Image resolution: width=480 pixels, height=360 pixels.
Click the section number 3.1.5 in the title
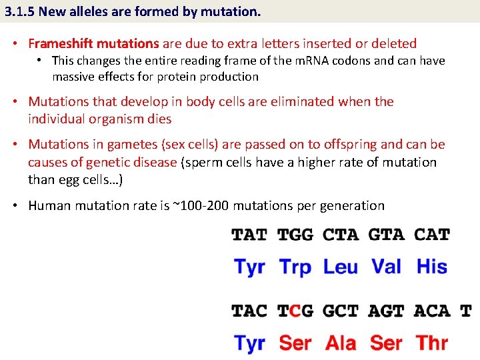(x=19, y=11)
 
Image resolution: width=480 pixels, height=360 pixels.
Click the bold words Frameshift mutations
(x=93, y=44)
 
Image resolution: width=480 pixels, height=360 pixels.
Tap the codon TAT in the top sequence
(x=249, y=235)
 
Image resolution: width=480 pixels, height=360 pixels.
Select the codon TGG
(x=295, y=235)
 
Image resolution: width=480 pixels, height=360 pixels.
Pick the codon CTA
(x=340, y=235)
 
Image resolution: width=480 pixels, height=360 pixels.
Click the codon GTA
(x=387, y=235)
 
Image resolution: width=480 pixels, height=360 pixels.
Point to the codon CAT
(x=432, y=235)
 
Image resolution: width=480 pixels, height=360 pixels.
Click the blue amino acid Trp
(x=295, y=267)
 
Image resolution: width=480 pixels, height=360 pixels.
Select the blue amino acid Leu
(x=340, y=267)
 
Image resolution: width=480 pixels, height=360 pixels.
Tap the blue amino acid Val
(x=387, y=267)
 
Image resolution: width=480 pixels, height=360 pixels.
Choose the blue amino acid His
(x=432, y=267)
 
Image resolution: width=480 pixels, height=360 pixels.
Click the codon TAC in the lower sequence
(x=249, y=311)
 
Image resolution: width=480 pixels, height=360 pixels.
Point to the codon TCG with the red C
(x=295, y=311)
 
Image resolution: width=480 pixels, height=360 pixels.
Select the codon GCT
(x=340, y=311)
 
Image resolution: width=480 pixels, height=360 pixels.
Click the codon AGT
(x=387, y=311)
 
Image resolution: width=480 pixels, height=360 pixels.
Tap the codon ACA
(x=432, y=311)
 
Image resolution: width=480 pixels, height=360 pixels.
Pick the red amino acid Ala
(x=340, y=343)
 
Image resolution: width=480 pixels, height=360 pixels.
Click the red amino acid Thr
(x=432, y=343)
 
